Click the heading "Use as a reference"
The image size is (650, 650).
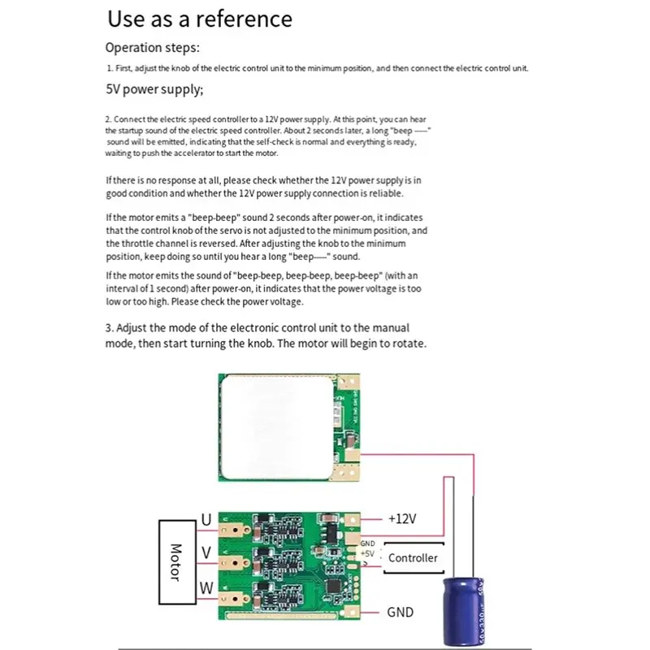200,19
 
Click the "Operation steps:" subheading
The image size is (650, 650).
152,48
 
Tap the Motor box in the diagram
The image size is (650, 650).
174,561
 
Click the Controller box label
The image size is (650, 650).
413,557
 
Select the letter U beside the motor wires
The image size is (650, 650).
206,519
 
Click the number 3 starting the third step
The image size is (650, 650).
109,328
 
